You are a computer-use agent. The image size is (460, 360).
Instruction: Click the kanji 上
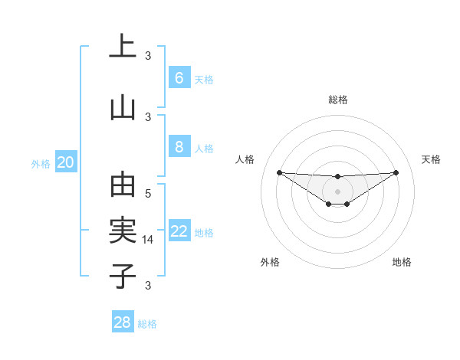123,47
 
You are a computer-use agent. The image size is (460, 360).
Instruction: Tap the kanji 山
123,107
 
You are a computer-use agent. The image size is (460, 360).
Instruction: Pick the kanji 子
123,276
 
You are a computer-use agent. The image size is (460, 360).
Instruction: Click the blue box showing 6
179,78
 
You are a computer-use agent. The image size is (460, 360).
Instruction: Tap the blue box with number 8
179,148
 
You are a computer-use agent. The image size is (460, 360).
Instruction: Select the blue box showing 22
179,232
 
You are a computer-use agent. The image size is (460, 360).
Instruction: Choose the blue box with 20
66,162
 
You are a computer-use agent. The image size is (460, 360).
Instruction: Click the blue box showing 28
123,322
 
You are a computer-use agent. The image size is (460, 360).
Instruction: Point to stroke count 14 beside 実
149,240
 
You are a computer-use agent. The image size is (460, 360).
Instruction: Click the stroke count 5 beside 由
148,194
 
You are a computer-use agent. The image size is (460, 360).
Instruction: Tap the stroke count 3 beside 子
148,286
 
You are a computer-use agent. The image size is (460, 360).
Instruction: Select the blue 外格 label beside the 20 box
41,163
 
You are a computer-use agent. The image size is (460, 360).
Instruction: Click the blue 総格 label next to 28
147,324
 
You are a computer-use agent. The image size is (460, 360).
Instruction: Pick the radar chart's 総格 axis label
337,100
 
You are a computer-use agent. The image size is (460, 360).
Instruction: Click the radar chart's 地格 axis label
402,262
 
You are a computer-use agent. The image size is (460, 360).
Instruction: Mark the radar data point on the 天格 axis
396,172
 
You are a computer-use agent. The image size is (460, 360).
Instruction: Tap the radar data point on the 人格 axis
279,172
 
